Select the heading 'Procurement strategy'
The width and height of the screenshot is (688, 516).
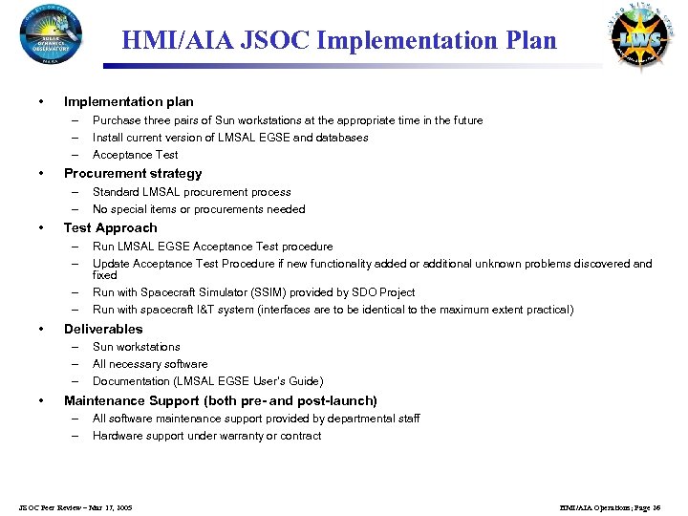pos(133,174)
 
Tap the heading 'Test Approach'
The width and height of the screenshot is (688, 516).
pos(110,228)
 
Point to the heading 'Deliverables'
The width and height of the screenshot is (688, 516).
pos(103,329)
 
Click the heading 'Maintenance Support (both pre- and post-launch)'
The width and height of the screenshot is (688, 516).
pos(220,401)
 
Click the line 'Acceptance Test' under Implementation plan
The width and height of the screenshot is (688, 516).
pos(135,155)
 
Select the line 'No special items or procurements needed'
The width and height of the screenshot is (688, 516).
pos(199,209)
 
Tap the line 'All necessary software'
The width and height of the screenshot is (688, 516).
pos(150,364)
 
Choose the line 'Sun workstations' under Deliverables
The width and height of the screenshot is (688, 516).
pos(136,347)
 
